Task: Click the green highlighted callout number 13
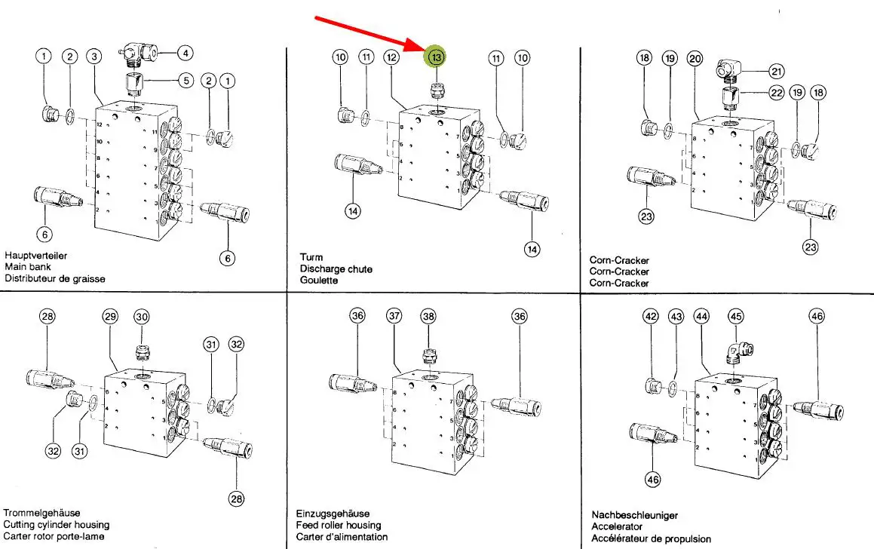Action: coord(437,57)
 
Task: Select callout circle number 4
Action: coord(186,54)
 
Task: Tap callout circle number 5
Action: coord(186,80)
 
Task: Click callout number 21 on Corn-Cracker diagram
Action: coord(777,72)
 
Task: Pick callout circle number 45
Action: coord(735,317)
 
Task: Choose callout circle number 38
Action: coord(428,317)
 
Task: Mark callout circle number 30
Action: coord(142,317)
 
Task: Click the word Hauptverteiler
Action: coord(35,256)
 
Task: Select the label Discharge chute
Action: coord(336,268)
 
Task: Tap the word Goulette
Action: coord(319,280)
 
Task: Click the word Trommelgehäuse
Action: coord(41,513)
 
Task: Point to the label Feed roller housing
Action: coord(338,525)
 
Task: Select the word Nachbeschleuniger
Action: coord(634,515)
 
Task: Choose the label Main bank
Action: coord(26,267)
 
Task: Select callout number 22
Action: coord(777,94)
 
